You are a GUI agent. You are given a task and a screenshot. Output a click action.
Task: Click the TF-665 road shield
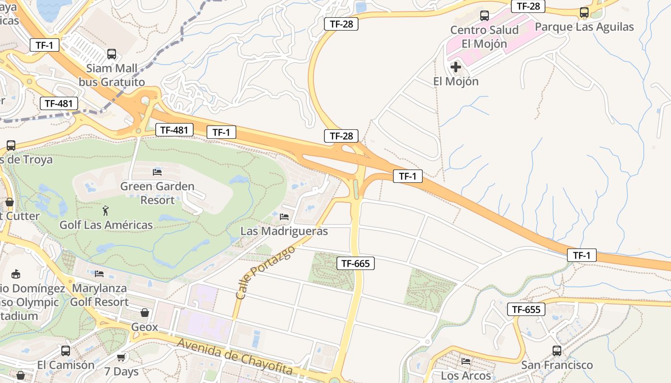pos(355,263)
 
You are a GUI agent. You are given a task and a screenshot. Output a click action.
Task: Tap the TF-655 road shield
pos(526,309)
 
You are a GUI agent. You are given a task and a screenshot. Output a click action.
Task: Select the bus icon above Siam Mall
pos(112,54)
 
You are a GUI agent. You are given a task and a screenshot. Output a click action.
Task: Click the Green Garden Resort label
pos(157,193)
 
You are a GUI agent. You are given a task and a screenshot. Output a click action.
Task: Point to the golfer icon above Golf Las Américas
pos(105,210)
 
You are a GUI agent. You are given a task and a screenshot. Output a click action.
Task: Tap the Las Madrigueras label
pos(284,231)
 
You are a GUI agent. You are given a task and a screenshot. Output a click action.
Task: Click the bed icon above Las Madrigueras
pos(284,217)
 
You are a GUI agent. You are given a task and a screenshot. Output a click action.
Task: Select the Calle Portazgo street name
pos(265,273)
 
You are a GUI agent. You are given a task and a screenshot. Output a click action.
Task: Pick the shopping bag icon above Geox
pos(145,313)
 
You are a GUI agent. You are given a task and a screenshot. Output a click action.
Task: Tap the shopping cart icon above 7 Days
pos(121,357)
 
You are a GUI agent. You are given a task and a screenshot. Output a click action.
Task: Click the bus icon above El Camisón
pos(66,350)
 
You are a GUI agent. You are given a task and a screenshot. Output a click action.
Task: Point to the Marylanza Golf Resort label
pos(99,295)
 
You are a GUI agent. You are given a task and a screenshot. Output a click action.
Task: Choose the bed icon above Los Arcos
pos(466,361)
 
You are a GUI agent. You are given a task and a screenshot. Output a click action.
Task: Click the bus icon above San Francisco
pos(557,350)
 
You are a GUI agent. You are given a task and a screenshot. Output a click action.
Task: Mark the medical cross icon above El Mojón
pos(456,67)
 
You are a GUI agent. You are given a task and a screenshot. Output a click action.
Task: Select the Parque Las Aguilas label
pos(584,27)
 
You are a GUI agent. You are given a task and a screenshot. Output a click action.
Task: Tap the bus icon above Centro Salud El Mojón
pos(485,16)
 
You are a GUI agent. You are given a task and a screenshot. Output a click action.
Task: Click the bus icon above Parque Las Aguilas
pos(584,12)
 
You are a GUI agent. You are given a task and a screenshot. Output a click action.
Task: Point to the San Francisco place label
pos(557,365)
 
